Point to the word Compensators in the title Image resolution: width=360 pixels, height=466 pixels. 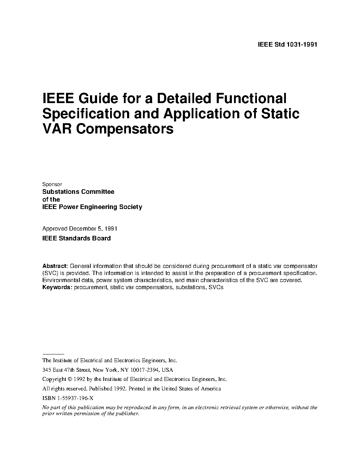point(125,129)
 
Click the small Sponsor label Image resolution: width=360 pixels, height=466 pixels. point(52,184)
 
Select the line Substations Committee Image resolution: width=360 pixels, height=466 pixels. point(78,192)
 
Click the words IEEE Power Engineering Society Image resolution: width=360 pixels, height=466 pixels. point(92,207)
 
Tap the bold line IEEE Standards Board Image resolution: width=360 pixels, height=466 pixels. point(77,238)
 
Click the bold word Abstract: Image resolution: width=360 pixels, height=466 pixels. point(55,266)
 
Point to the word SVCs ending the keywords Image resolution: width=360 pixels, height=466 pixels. point(216,287)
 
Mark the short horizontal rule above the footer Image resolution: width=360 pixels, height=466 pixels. point(53,353)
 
